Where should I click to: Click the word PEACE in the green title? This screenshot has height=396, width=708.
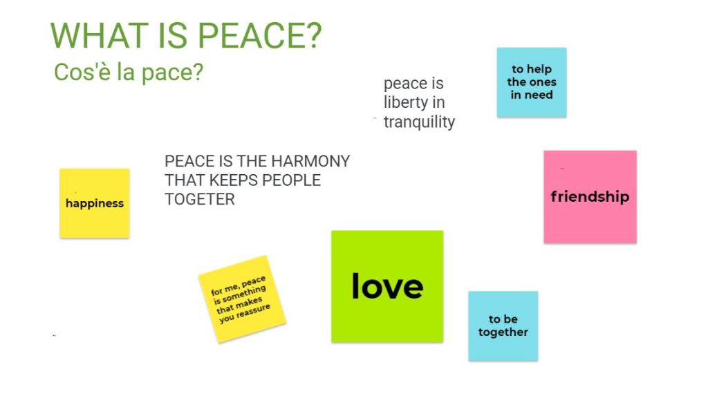[260, 35]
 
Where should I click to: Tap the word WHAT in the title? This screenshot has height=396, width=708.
[100, 35]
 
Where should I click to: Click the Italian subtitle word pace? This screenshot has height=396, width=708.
[172, 73]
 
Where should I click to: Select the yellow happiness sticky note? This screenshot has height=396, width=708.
[95, 203]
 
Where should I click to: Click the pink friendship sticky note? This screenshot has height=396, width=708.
[590, 197]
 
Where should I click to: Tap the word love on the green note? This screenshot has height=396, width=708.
[387, 286]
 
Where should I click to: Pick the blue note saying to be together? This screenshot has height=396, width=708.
[503, 326]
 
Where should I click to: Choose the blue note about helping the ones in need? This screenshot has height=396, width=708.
[532, 82]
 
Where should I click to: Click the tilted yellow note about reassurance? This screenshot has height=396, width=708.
[243, 299]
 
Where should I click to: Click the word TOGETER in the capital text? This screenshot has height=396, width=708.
[200, 199]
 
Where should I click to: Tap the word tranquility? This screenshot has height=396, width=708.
[420, 122]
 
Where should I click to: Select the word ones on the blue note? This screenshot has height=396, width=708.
[543, 82]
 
